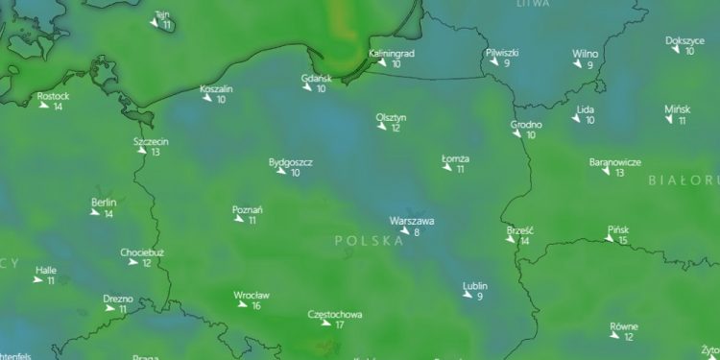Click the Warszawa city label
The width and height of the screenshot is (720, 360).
pos(412,220)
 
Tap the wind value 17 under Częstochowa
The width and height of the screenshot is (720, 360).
pos(339,324)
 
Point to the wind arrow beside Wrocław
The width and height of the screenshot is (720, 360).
pos(242,305)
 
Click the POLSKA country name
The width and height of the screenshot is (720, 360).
pos(369,242)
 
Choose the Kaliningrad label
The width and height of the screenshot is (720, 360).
pos(392,54)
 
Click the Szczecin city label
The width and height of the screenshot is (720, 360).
pos(151,141)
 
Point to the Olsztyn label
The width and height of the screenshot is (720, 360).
pos(391,117)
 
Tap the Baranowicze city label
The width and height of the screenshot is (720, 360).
pos(615,162)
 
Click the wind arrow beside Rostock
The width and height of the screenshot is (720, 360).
pos(44,106)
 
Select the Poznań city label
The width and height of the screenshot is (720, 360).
pos(248,209)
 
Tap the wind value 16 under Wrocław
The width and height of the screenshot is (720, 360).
pos(255,305)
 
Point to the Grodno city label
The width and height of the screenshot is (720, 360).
pos(526,125)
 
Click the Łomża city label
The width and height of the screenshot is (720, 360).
pos(455,158)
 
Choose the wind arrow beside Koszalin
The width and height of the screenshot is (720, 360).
pos(206,99)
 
